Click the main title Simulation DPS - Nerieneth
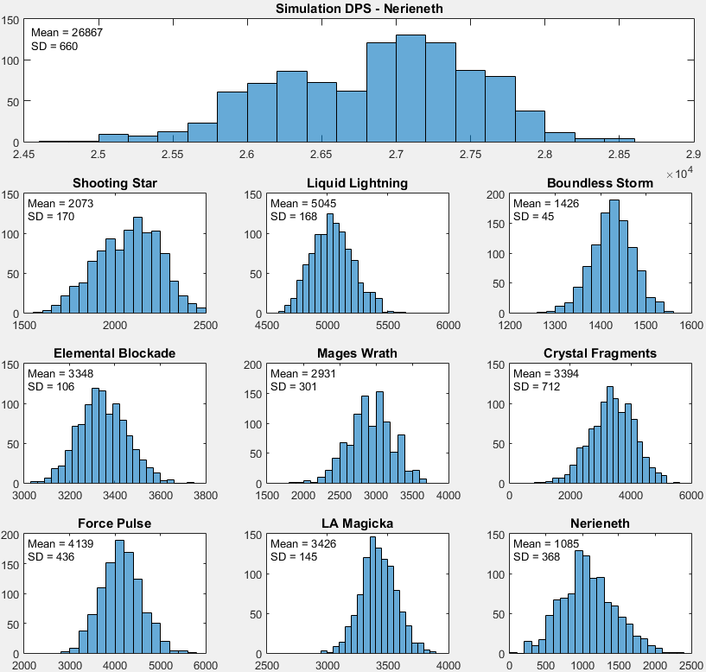[x=359, y=10]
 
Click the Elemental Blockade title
[x=115, y=353]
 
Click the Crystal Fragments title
[x=600, y=353]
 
